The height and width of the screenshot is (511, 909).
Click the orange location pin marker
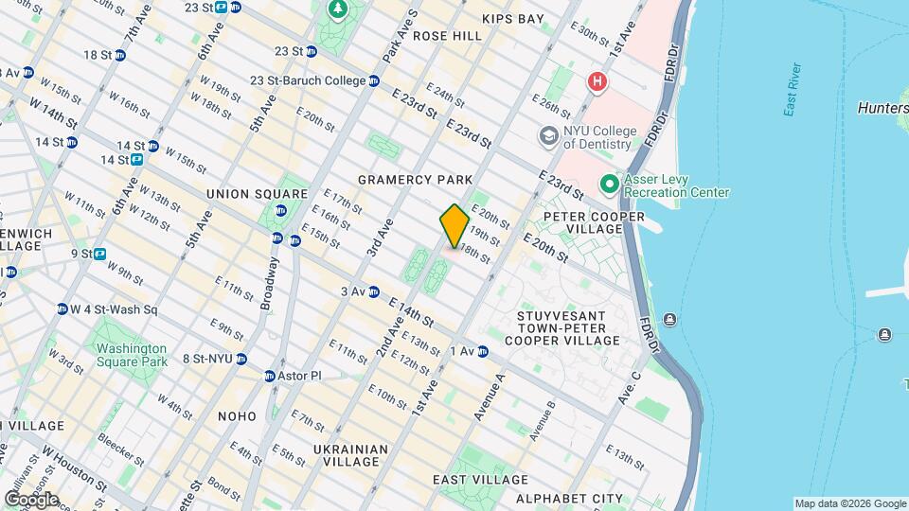[x=454, y=226]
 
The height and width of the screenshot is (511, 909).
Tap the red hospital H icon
[x=597, y=82]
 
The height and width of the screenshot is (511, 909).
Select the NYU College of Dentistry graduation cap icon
[x=548, y=137]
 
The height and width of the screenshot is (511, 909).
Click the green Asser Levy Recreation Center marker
[x=609, y=184]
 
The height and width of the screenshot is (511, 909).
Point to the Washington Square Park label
[x=131, y=354]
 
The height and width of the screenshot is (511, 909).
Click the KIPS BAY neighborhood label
[x=512, y=19]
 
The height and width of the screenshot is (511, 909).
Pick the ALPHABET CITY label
[x=568, y=499]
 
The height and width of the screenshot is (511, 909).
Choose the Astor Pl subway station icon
[x=269, y=376]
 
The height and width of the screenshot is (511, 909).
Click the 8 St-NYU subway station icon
[x=241, y=359]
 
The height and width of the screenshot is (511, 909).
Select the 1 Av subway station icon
[x=483, y=351]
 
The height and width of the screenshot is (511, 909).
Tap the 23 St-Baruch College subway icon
[x=374, y=81]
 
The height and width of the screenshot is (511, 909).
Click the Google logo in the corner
[x=30, y=499]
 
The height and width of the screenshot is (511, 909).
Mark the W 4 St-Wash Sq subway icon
[x=62, y=309]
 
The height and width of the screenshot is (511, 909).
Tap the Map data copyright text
[x=849, y=503]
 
